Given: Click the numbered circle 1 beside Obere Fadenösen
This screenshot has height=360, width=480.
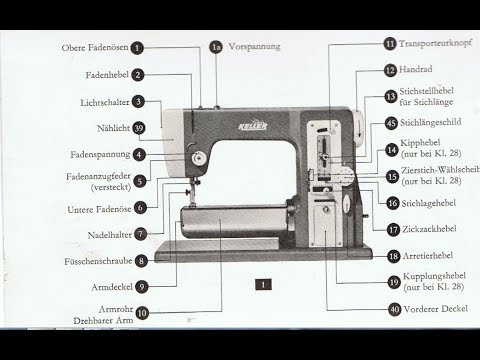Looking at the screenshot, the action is (x=137, y=47).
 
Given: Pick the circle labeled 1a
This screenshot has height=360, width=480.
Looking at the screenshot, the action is (x=214, y=47).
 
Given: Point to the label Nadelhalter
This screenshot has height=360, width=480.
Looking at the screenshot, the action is (x=105, y=234).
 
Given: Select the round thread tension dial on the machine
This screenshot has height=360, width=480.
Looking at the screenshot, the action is (x=198, y=158).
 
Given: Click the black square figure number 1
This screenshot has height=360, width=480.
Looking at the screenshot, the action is (x=258, y=284).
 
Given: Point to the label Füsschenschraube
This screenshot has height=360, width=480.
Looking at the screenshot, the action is (x=98, y=260).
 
